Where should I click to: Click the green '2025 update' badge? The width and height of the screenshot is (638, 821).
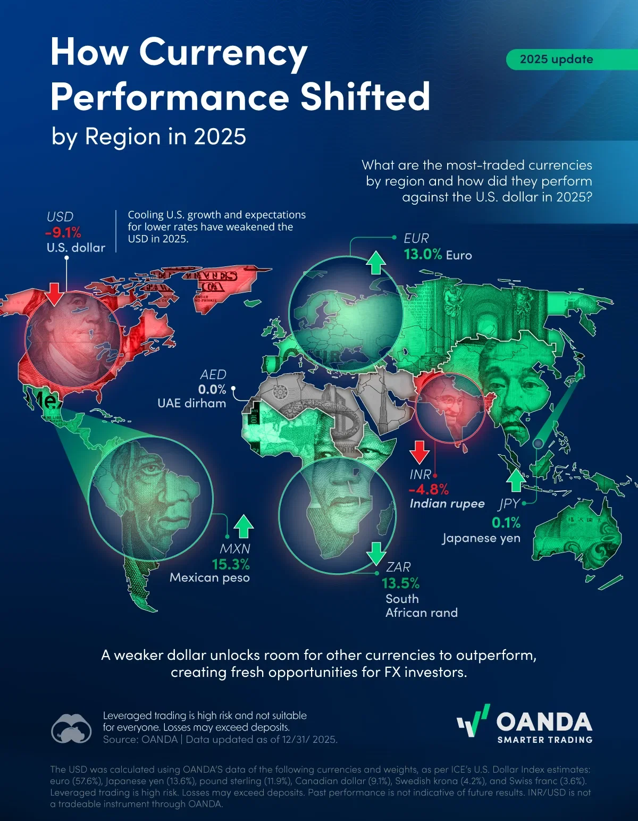coord(556,59)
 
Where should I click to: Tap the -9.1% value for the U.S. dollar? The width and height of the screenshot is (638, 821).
coord(63,232)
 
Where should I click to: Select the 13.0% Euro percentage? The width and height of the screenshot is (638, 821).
coord(423,254)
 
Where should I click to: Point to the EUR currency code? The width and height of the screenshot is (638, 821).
coord(416,238)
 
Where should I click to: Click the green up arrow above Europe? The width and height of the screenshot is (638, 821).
coord(376,263)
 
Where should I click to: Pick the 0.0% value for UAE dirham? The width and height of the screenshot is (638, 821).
coord(212,389)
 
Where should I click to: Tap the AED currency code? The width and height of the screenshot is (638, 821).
coord(213,374)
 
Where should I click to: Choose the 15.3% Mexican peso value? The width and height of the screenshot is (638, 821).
coord(231,564)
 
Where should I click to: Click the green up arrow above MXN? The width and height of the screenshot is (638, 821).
coord(244,526)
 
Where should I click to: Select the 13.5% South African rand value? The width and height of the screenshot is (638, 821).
coord(400,583)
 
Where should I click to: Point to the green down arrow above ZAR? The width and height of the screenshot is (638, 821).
coord(376,554)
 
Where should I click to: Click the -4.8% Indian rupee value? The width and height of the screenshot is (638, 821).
coord(429,489)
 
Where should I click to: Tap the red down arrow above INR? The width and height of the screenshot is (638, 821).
coord(419,452)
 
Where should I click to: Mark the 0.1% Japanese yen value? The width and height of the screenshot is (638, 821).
coord(506,523)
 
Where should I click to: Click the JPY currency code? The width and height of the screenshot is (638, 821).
coord(509,504)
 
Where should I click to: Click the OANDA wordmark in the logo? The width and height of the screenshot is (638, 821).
coord(544,722)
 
